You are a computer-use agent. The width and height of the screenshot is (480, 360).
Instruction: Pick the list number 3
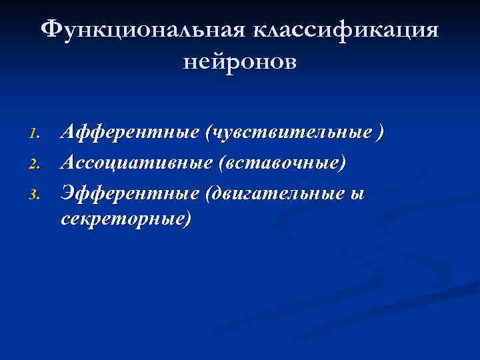(x=37, y=194)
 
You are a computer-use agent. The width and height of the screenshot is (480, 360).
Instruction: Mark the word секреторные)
(x=125, y=218)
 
